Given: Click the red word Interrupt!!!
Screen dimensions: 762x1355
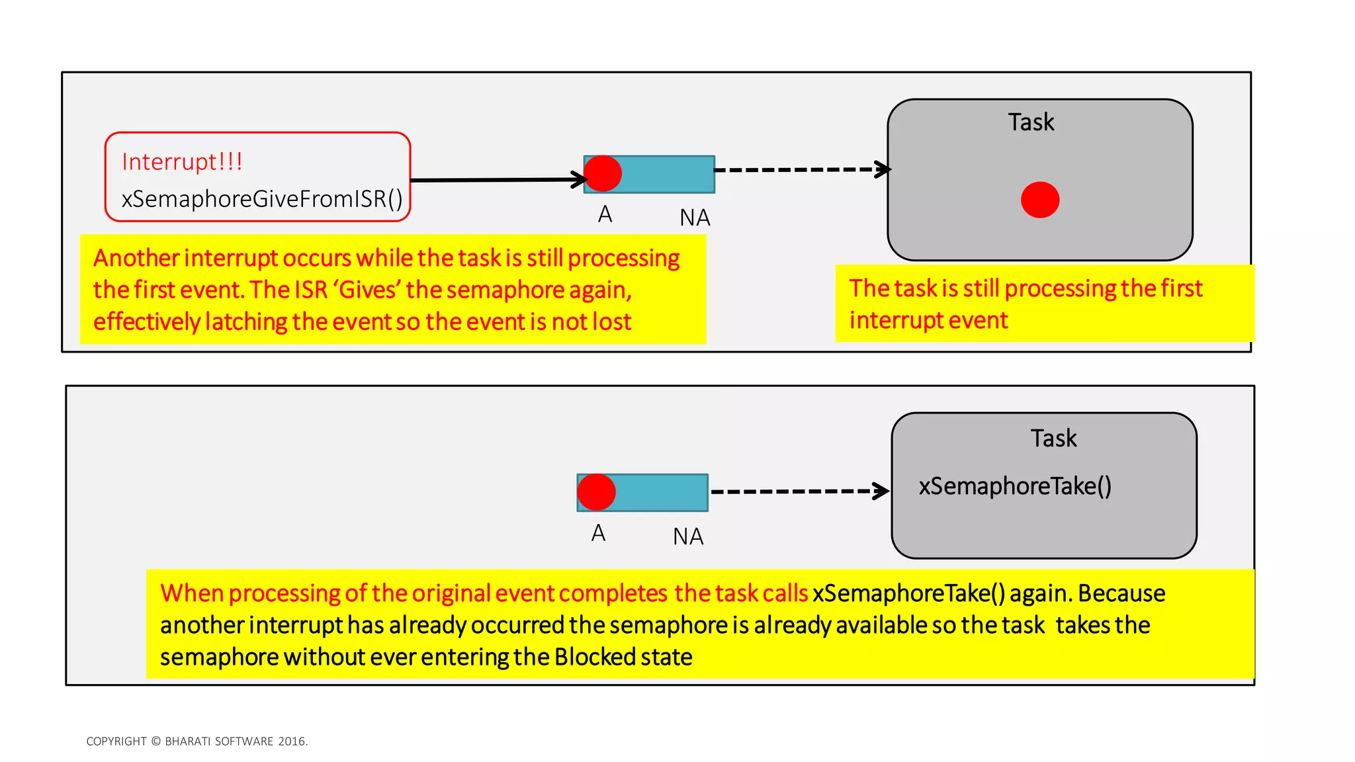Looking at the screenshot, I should [x=182, y=162].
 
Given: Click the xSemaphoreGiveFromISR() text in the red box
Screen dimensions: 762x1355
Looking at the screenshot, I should [x=262, y=199].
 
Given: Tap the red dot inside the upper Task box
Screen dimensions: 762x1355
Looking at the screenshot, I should [x=1039, y=200].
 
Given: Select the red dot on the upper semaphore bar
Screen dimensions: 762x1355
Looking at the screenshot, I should [x=603, y=174].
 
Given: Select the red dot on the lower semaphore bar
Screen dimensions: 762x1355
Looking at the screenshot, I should [x=596, y=492].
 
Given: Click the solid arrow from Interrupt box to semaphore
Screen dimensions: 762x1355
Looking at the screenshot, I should [x=496, y=179].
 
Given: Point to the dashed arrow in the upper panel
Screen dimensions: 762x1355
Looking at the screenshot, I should [x=801, y=170].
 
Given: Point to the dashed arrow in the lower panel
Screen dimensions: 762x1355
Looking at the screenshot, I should [x=797, y=491].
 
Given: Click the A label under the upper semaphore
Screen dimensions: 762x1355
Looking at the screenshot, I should [x=605, y=215].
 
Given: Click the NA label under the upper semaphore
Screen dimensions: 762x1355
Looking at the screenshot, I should [x=695, y=218].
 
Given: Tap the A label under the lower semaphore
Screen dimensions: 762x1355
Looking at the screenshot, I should [x=598, y=533].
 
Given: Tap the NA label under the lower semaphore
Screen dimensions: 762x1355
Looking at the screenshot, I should [x=688, y=536].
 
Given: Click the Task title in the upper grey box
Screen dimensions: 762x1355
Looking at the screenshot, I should [x=1031, y=122].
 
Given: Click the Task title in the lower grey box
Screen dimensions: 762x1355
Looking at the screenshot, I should [x=1053, y=439].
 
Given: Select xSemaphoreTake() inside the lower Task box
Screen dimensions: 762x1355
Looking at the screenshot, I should [x=1014, y=486].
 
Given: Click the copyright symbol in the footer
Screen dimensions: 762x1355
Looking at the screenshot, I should [x=156, y=741].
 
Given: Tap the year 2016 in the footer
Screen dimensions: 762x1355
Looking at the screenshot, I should [x=292, y=741].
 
